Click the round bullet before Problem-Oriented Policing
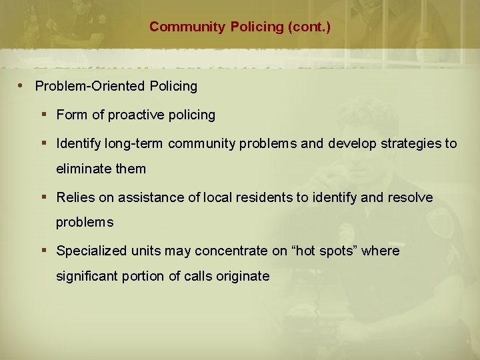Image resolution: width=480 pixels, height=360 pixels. (23, 86)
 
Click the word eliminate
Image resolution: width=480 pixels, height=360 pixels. (85, 169)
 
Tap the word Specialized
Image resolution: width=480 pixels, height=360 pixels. (89, 251)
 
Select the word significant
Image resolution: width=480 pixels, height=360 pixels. (86, 276)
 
